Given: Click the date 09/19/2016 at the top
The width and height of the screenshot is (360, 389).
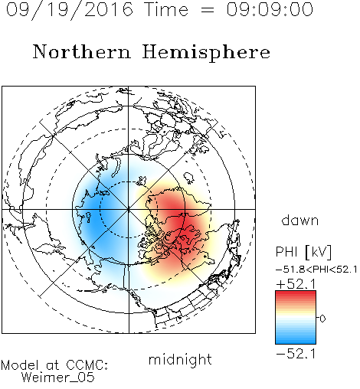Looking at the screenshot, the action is pyautogui.click(x=70, y=10).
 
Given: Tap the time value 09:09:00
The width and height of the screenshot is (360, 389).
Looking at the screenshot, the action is pyautogui.click(x=270, y=9).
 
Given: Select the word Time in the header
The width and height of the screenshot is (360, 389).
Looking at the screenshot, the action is pyautogui.click(x=166, y=9).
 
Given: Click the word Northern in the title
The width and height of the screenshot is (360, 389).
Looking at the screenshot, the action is pyautogui.click(x=82, y=51).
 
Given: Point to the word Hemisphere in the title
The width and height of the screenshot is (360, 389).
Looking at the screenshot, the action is pyautogui.click(x=206, y=53).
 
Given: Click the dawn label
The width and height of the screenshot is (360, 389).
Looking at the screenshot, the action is pyautogui.click(x=300, y=220).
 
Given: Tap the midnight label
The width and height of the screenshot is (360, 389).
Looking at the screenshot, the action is pyautogui.click(x=180, y=359).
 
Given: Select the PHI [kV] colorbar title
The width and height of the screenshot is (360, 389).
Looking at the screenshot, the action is pyautogui.click(x=303, y=252).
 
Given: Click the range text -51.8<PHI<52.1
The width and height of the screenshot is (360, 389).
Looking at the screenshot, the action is pyautogui.click(x=316, y=270).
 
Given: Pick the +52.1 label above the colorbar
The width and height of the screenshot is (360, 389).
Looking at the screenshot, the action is pyautogui.click(x=296, y=284).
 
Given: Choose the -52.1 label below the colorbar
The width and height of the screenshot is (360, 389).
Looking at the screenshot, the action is pyautogui.click(x=296, y=354).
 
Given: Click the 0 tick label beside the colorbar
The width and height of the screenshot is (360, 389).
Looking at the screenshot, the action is pyautogui.click(x=322, y=319).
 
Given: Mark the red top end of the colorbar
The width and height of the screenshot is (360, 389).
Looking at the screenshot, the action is pyautogui.click(x=296, y=293).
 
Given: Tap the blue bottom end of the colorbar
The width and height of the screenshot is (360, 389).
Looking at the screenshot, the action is pyautogui.click(x=296, y=342).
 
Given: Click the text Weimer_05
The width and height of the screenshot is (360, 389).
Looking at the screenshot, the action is pyautogui.click(x=58, y=378).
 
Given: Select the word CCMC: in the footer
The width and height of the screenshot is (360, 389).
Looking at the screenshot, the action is pyautogui.click(x=87, y=365).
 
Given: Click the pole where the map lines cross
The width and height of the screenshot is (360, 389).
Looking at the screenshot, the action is pyautogui.click(x=129, y=210).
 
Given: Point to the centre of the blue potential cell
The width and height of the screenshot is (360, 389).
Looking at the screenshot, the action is pyautogui.click(x=95, y=213).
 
